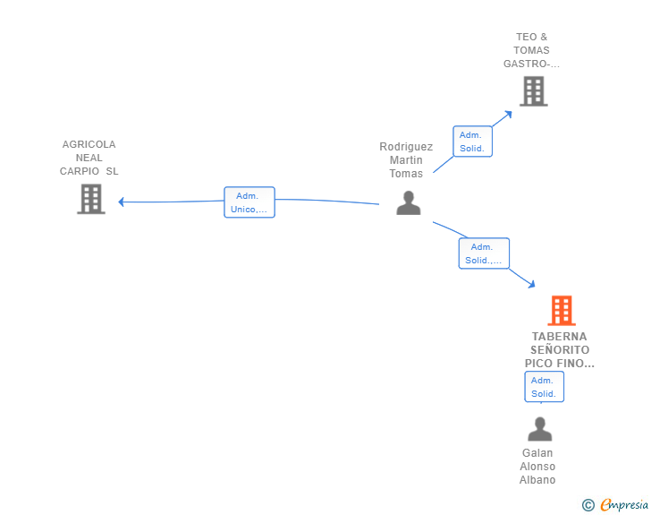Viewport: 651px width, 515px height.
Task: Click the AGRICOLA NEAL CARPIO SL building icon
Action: point(91,199)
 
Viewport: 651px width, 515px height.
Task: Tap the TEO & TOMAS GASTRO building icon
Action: point(534,91)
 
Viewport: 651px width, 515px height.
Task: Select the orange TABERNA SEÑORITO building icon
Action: point(562,310)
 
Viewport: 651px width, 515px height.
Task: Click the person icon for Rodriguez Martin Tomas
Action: point(409,203)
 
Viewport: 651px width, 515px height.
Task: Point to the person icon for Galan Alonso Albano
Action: point(540,429)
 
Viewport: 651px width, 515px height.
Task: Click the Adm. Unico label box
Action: point(249,202)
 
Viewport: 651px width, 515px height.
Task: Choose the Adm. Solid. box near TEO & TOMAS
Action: point(472,142)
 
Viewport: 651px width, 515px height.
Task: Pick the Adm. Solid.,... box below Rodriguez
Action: point(484,253)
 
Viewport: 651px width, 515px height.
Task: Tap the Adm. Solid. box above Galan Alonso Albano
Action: point(545,387)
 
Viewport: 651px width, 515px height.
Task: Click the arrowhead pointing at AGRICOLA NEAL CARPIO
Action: point(121,202)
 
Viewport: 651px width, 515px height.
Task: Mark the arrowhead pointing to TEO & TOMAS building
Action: point(508,114)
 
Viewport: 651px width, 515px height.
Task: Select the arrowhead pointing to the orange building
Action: point(531,284)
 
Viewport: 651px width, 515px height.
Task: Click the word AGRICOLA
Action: point(89,144)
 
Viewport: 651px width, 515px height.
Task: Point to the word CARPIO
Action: point(80,171)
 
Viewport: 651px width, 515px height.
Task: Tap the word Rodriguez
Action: point(406,147)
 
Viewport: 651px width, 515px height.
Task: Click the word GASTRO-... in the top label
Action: point(531,64)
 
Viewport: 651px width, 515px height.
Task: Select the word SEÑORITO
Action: point(560,350)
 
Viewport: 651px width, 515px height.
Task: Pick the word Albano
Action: point(537,480)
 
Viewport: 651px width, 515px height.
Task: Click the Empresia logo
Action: point(624,504)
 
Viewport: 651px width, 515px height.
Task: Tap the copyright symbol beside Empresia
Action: point(588,505)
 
